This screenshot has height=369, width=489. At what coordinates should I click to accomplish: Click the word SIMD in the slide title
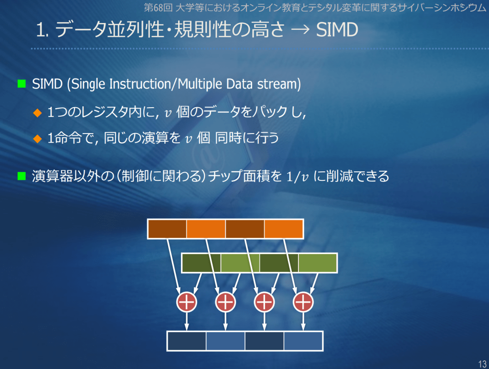coord(337,30)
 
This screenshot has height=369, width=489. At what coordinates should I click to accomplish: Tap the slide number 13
coord(482,364)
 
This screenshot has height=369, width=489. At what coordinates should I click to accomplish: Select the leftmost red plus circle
coord(187,302)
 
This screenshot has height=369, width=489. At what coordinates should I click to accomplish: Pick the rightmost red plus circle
coord(303,302)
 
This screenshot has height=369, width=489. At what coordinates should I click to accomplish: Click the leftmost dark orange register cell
coord(167,229)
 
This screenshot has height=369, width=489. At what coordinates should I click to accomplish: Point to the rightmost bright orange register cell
coord(284,229)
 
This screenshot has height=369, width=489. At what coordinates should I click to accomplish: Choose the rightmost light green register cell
coord(318,263)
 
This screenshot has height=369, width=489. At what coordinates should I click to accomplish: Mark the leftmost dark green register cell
coord(201,263)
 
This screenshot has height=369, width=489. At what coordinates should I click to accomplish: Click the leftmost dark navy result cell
coord(187,341)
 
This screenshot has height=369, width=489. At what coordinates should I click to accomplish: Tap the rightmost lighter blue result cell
coord(303,341)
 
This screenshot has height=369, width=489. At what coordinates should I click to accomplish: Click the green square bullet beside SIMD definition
coord(21,84)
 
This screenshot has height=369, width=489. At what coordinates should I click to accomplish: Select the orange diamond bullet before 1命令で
coord(37,138)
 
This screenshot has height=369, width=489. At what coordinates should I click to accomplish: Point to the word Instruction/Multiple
coord(166,84)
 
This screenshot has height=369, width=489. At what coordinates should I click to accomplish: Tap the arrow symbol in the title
coord(300,30)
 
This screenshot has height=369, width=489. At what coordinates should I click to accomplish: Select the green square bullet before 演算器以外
coord(21,176)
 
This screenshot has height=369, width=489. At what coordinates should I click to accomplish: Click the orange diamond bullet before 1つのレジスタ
coord(37,112)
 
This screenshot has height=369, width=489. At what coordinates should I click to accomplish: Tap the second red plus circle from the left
coord(225,302)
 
